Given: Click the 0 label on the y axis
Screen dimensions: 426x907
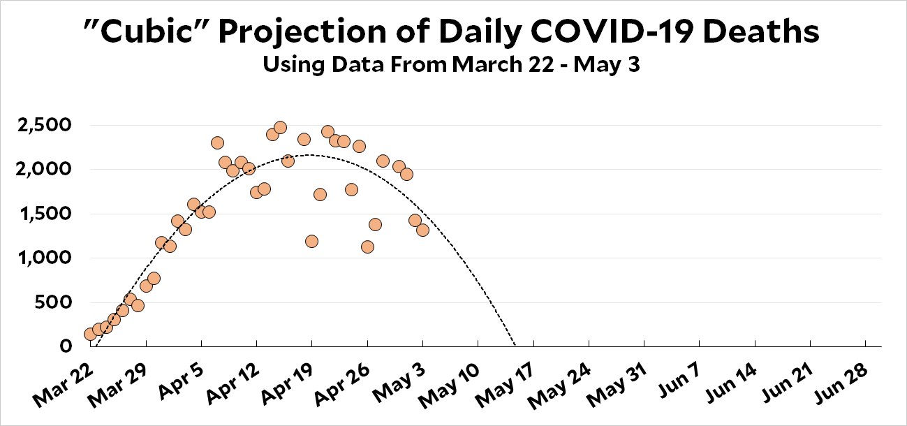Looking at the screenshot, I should pos(66,346).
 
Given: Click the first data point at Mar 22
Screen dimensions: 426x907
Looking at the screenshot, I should pos(90,334).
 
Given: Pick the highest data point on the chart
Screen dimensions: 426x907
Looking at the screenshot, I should pos(280,127).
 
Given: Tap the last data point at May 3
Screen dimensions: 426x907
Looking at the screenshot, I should pos(422,230).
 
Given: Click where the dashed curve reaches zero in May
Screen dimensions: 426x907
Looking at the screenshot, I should pos(515,346).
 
